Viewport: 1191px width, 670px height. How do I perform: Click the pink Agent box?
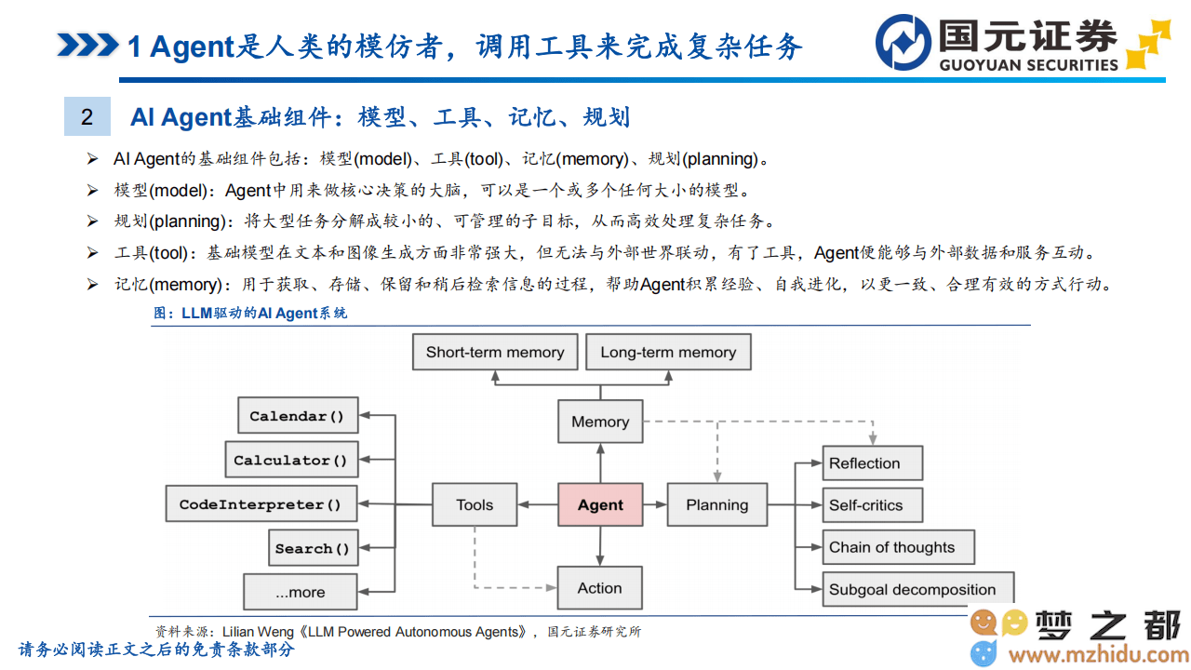(600, 504)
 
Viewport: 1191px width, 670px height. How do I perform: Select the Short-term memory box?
(495, 352)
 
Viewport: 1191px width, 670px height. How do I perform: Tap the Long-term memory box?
(668, 352)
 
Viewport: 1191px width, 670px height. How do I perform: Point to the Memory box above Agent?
(600, 422)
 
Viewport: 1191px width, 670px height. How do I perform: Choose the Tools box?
(475, 504)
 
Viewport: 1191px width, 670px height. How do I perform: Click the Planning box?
(717, 504)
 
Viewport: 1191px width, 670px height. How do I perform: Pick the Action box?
(600, 587)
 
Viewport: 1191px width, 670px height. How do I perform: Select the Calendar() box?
(298, 415)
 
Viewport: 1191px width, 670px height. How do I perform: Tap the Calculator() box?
(291, 460)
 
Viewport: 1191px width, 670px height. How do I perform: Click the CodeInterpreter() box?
(261, 503)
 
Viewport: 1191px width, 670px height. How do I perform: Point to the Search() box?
(314, 548)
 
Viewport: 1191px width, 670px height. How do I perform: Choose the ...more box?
(301, 592)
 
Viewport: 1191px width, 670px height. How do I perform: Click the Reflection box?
(873, 463)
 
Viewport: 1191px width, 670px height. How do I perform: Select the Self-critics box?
(873, 505)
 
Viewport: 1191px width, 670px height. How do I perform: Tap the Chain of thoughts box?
(899, 547)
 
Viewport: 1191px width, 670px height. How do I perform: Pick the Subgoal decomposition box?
(918, 589)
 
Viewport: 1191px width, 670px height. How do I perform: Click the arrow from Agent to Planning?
(655, 504)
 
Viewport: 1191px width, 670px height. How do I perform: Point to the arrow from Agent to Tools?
(537, 504)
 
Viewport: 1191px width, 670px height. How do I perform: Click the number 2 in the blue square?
(87, 117)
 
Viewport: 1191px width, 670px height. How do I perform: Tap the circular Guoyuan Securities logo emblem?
(903, 43)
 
